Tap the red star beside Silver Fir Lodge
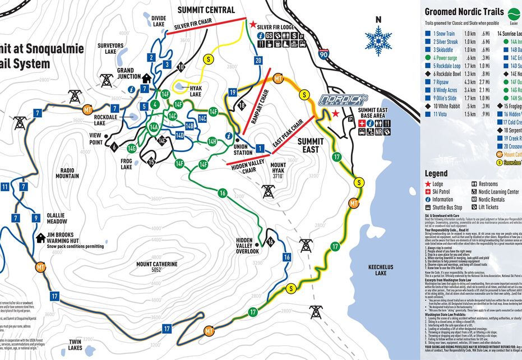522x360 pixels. pyautogui.click(x=253, y=25)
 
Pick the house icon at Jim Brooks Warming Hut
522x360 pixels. pyautogui.click(x=40, y=238)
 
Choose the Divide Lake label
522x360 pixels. pyautogui.click(x=161, y=21)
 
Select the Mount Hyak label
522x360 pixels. pyautogui.click(x=278, y=168)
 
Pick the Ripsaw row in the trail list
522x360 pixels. pyautogui.click(x=446, y=82)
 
